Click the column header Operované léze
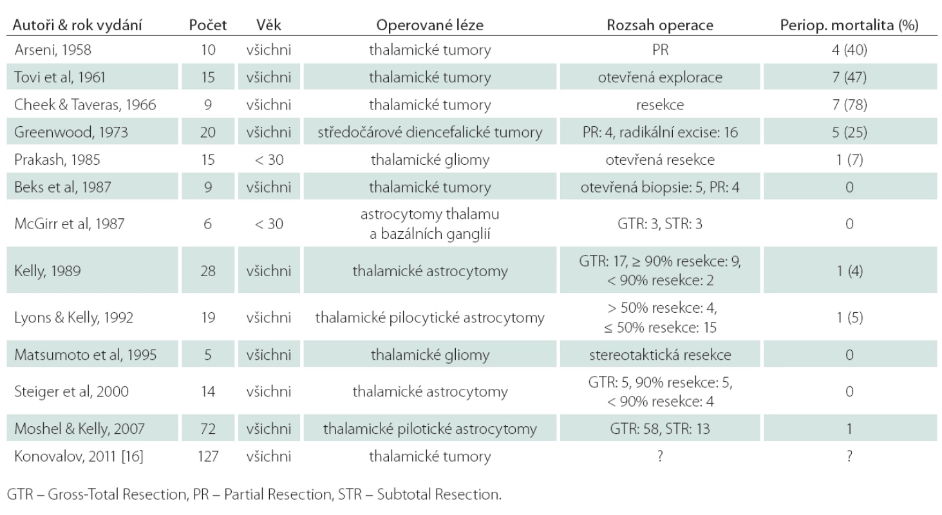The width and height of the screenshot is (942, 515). click(429, 25)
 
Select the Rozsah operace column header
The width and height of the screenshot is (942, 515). click(660, 25)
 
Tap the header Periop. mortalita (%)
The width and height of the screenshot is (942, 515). click(849, 25)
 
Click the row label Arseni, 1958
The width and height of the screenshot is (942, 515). click(53, 50)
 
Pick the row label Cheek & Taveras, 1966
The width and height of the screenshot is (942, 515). click(85, 105)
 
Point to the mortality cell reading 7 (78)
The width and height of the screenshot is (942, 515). click(849, 105)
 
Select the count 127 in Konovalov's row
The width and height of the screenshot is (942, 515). click(208, 456)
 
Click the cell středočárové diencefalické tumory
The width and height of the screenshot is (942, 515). click(429, 133)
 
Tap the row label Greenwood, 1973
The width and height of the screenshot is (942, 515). click(71, 133)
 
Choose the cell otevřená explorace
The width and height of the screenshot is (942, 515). click(660, 77)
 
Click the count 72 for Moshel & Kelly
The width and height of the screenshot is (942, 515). click(208, 429)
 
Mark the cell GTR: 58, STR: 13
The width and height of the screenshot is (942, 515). click(660, 429)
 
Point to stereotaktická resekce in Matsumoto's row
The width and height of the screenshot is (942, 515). click(660, 355)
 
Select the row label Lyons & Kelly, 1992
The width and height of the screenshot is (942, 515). click(73, 317)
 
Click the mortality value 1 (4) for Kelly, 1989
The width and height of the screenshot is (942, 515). click(849, 271)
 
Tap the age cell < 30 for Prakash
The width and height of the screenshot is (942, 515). click(268, 160)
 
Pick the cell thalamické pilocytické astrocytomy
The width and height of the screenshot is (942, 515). click(429, 318)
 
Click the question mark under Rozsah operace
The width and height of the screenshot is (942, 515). click(660, 456)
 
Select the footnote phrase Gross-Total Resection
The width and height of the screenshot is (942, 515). click(117, 494)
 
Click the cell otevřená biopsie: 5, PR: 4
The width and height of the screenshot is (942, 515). click(660, 187)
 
